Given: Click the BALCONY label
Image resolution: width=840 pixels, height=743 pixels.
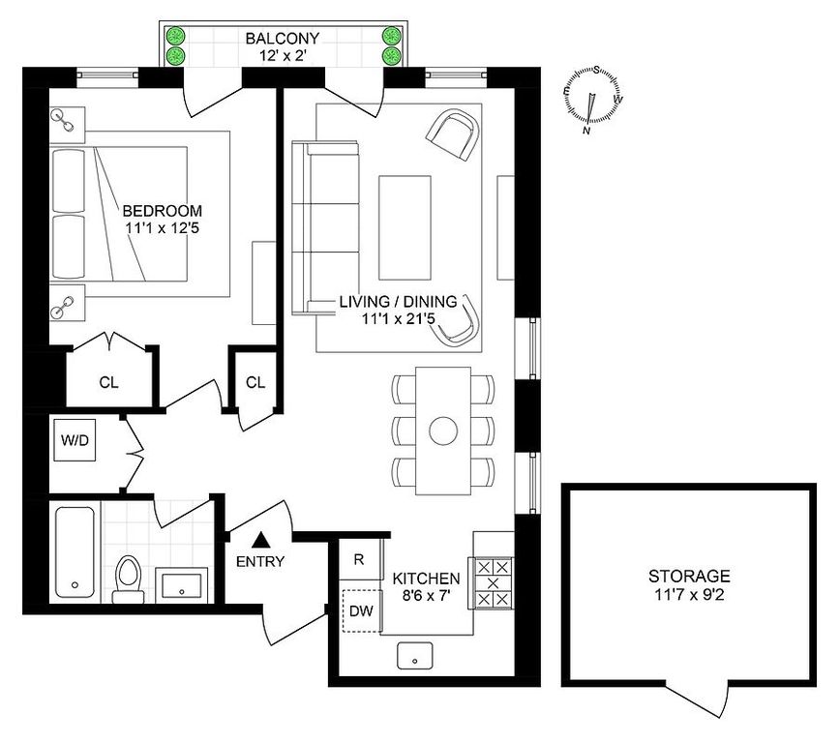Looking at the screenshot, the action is (x=283, y=39).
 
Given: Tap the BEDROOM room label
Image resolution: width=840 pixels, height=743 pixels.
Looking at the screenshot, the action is (x=163, y=211).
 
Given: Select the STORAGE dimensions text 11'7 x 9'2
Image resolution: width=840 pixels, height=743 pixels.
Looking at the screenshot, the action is (x=689, y=595).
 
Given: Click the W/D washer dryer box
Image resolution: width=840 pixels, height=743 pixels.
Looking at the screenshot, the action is (x=75, y=440).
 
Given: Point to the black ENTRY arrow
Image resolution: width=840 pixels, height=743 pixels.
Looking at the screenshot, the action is (x=261, y=540).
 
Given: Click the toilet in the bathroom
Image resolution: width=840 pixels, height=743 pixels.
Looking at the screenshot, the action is (x=128, y=579).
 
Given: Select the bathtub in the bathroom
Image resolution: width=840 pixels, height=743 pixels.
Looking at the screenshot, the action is (x=75, y=552).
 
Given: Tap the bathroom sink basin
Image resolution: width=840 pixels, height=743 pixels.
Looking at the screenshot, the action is (x=182, y=586).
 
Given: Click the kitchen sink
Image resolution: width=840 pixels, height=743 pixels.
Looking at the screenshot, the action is (x=414, y=656).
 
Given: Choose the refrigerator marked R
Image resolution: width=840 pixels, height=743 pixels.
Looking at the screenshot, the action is (x=359, y=559).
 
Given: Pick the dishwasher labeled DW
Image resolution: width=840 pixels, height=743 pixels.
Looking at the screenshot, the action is (x=362, y=610).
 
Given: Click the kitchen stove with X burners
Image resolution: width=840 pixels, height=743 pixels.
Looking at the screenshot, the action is (x=493, y=582).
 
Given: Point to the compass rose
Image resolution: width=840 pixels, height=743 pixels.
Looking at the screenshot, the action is (x=593, y=100).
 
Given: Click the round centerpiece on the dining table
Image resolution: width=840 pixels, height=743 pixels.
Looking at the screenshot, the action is (x=443, y=431).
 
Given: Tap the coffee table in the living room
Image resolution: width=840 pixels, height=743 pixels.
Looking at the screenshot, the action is (x=405, y=227).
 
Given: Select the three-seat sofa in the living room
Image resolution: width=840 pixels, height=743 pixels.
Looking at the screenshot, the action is (x=325, y=227).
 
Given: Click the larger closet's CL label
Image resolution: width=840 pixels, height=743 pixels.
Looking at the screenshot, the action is (x=108, y=382).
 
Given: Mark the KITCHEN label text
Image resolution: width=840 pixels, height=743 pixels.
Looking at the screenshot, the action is (x=426, y=579).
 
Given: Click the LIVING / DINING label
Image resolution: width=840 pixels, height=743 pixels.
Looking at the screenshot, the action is (x=398, y=301).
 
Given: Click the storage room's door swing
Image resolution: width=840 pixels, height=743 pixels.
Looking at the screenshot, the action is (x=701, y=699).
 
